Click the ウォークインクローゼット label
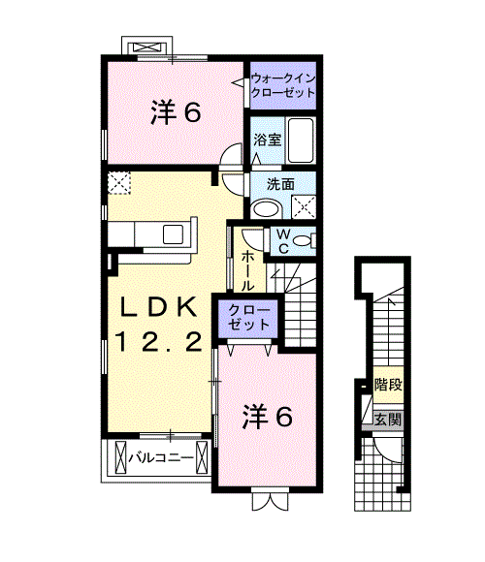tap(283, 84)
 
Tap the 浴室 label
tap(268, 140)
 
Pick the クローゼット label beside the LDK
tap(251, 317)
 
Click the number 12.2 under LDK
tap(160, 340)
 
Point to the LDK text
tap(160, 307)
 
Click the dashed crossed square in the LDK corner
tap(120, 182)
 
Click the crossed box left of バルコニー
tap(121, 453)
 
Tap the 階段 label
tap(389, 385)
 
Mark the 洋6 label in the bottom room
tap(267, 417)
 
